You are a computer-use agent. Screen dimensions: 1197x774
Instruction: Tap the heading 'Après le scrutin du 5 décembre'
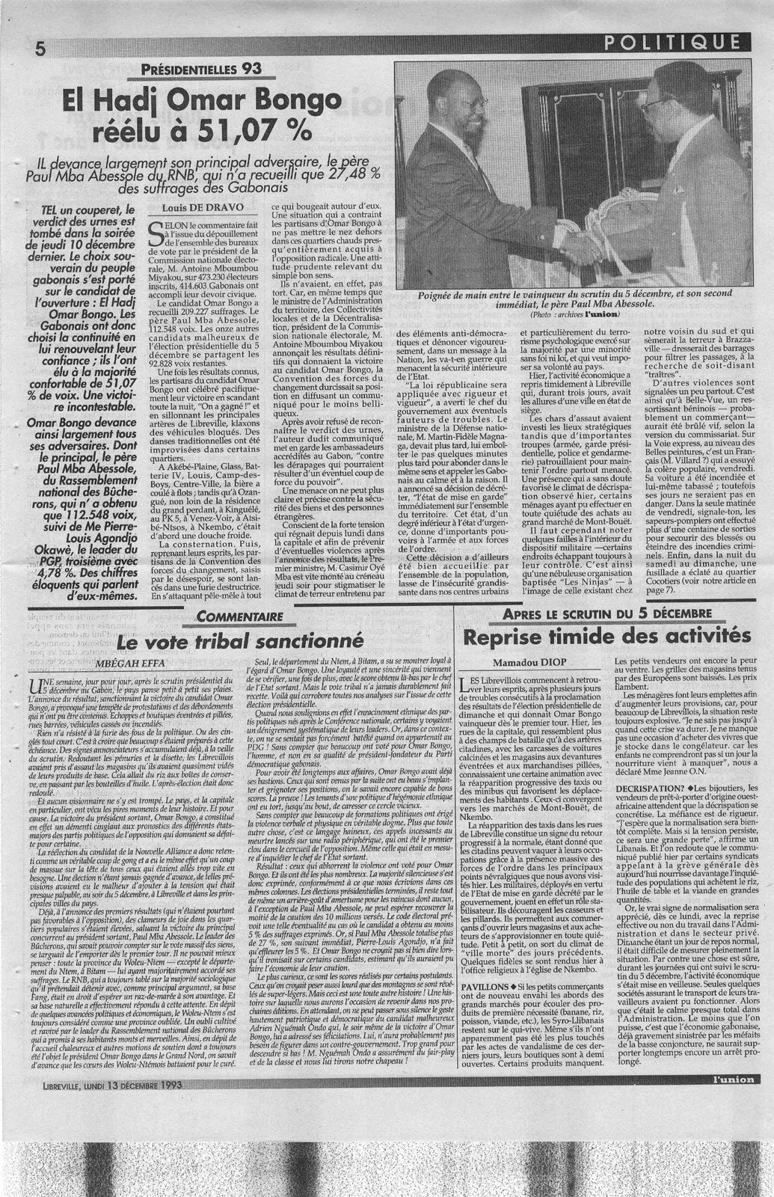[606, 613]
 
